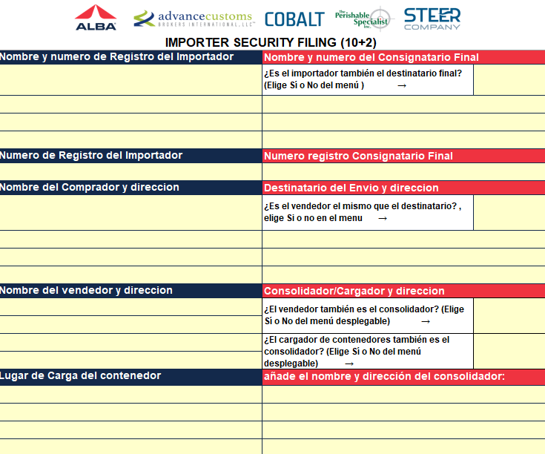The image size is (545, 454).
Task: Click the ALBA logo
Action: pyautogui.click(x=96, y=17)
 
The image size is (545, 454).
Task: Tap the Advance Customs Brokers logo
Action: pyautogui.click(x=194, y=19)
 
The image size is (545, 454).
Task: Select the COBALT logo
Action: pyautogui.click(x=294, y=19)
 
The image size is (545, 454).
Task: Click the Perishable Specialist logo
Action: pyautogui.click(x=363, y=19)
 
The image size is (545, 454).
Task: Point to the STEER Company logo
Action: pyautogui.click(x=432, y=19)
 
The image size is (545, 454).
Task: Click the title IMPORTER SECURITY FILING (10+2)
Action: pyautogui.click(x=271, y=42)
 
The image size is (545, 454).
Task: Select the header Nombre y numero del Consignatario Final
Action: pyautogui.click(x=371, y=57)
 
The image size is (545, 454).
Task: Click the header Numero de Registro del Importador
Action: pyautogui.click(x=91, y=155)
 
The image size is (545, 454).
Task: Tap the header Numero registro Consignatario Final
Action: pyautogui.click(x=358, y=156)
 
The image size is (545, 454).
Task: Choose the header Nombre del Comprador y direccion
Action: pyautogui.click(x=89, y=188)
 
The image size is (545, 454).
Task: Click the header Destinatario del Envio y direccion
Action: pyautogui.click(x=351, y=188)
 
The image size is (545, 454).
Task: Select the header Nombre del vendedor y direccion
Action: pyautogui.click(x=86, y=290)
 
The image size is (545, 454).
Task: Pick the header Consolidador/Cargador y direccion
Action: pyautogui.click(x=354, y=291)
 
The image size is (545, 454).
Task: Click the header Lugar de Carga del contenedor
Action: pyautogui.click(x=80, y=376)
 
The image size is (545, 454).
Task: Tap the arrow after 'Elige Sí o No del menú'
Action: pyautogui.click(x=402, y=85)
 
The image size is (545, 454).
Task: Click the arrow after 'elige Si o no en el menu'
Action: pyautogui.click(x=383, y=218)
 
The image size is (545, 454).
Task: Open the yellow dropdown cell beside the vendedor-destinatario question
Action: pyautogui.click(x=509, y=212)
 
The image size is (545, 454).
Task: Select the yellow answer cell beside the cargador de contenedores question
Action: pyautogui.click(x=509, y=351)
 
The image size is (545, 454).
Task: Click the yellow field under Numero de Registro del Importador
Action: pyautogui.click(x=131, y=171)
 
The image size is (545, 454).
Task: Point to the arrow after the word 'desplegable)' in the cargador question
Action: pyautogui.click(x=349, y=364)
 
